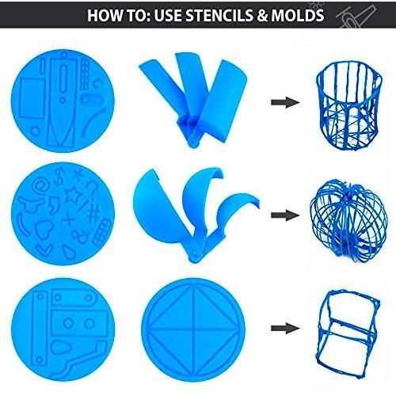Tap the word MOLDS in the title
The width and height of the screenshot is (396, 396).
298,15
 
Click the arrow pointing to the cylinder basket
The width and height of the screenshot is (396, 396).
285,102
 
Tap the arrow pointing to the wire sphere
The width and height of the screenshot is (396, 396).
285,215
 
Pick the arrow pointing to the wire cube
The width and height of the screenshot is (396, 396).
285,328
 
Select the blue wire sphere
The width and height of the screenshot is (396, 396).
348,220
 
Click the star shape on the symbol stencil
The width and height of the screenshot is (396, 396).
73,194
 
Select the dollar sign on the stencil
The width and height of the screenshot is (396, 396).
59,176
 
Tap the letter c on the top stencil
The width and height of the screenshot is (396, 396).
97,84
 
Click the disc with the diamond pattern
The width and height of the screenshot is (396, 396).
193,329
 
